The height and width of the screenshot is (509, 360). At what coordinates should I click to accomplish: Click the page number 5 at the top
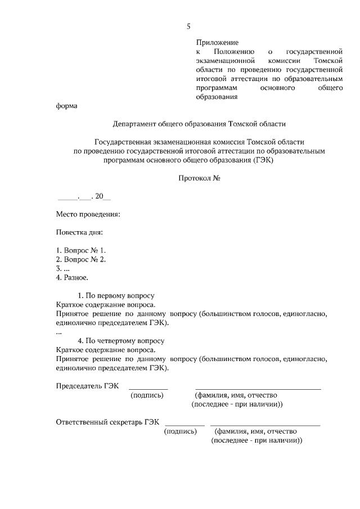click(x=189, y=26)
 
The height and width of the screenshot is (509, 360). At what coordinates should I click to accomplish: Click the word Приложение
click(x=217, y=42)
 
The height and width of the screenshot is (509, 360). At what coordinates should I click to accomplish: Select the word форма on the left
click(x=66, y=106)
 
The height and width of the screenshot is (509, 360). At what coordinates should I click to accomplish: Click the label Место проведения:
click(x=88, y=214)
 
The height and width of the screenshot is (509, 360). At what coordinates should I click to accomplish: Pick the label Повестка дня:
click(x=79, y=232)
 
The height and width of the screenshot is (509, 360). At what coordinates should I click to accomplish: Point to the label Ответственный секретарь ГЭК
click(x=107, y=422)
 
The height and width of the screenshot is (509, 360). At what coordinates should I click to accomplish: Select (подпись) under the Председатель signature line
click(x=147, y=395)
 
